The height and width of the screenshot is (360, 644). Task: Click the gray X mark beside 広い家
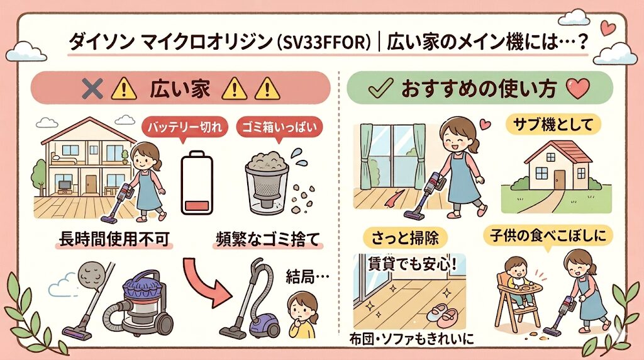coord(92,89)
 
